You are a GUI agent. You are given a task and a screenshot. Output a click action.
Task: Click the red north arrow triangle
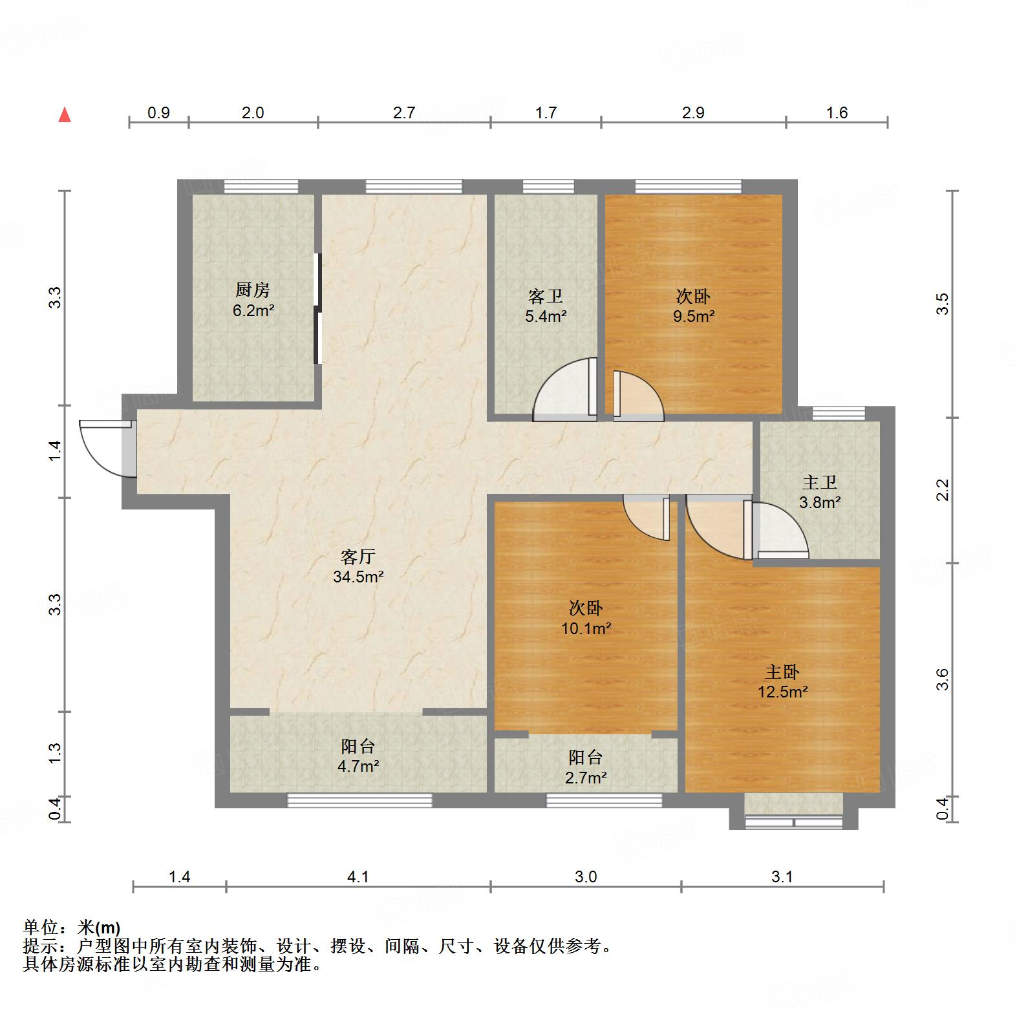coord(65,116)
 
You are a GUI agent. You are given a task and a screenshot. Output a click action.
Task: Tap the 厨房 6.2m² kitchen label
coord(253,300)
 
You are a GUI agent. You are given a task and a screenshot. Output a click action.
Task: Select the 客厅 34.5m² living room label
coord(358,566)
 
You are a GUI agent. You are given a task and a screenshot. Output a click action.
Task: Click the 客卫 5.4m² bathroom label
coord(546,306)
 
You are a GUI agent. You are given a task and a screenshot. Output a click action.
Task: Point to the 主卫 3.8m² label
coord(819,492)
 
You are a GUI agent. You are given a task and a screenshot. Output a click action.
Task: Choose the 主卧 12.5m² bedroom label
coord(782,682)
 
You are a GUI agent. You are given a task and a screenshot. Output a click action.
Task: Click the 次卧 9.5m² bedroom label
coord(693,306)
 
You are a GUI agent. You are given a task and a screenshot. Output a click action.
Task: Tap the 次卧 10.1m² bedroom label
coord(586,617)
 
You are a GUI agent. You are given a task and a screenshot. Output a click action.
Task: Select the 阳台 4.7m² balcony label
coord(358,756)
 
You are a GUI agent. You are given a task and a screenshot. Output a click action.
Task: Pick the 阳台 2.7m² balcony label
coord(585,767)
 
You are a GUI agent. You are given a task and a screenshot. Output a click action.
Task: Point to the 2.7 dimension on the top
coord(404,113)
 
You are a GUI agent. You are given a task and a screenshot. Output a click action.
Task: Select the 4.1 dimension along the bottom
coord(358,876)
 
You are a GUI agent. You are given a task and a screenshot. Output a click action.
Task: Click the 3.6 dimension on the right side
coord(942,679)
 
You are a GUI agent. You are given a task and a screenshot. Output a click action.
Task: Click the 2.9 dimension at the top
coord(693,113)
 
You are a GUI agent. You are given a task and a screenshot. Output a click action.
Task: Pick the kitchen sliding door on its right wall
coord(317,309)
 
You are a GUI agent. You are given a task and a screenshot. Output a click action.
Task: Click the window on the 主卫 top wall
coord(838,413)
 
